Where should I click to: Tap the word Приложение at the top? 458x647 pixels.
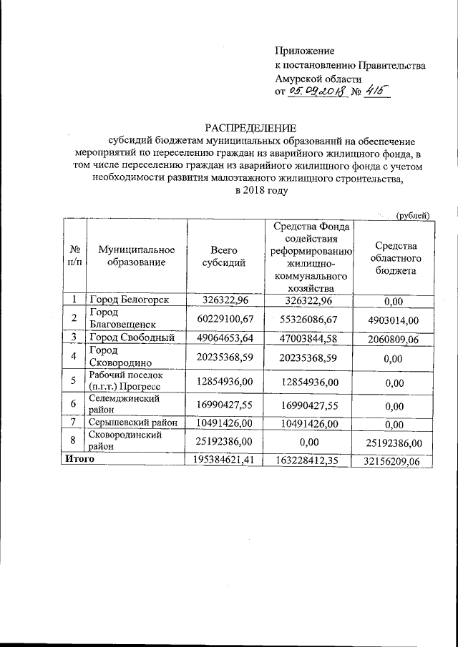pyautogui.click(x=305, y=51)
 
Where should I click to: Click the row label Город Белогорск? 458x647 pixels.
pyautogui.click(x=130, y=300)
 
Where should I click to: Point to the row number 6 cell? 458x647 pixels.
pyautogui.click(x=74, y=404)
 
